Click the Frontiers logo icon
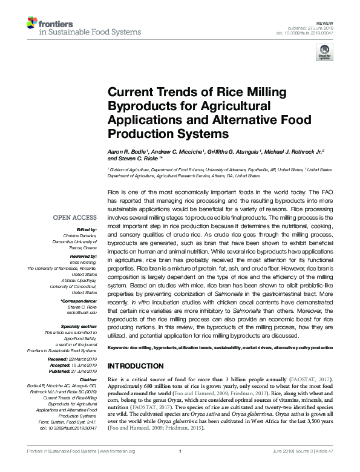[32, 24]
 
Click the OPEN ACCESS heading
[74, 218]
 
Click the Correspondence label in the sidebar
[79, 300]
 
